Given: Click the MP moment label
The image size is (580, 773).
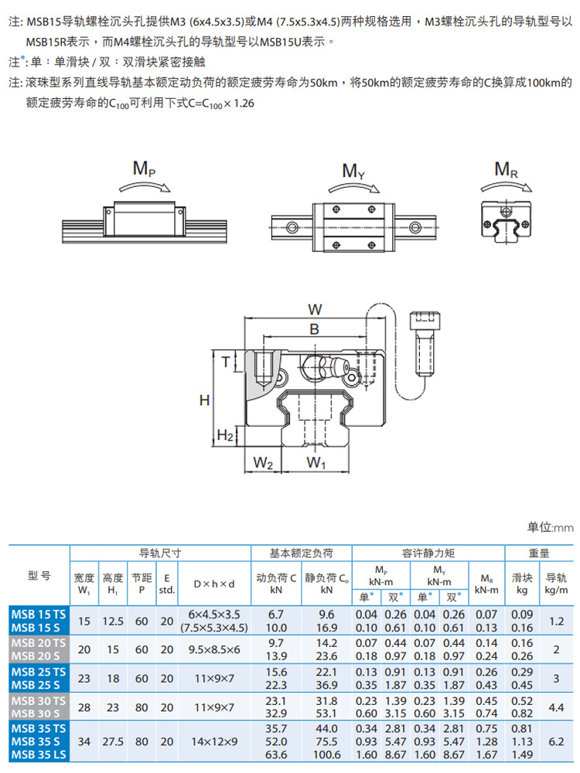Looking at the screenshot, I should (x=144, y=169).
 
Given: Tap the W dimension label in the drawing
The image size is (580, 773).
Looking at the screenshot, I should (x=315, y=309).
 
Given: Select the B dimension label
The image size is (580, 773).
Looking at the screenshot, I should (x=314, y=329).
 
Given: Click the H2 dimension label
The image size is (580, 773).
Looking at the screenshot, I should (x=225, y=436).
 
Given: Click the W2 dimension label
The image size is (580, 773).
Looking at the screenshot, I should (x=264, y=463).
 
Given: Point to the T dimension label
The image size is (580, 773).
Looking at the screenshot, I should (x=226, y=361).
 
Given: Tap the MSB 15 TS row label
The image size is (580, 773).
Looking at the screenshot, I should (x=39, y=614).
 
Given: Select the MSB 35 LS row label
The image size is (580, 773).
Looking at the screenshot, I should (x=39, y=754).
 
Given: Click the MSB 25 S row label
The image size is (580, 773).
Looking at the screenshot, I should (x=39, y=684).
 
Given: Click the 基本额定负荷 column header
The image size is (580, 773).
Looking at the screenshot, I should (x=301, y=553).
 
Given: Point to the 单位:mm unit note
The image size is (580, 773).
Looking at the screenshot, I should (x=551, y=527).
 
